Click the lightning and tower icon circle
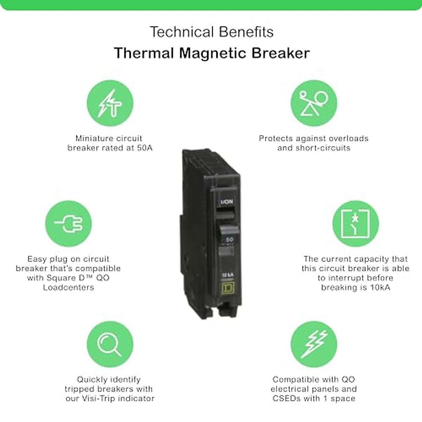(110, 103)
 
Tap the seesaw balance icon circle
(314, 103)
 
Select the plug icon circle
(68, 224)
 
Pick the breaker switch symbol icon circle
(356, 224)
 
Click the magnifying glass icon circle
(110, 344)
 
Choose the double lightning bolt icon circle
(314, 344)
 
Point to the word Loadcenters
(69, 287)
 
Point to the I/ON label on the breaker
(226, 202)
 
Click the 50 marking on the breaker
(229, 239)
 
